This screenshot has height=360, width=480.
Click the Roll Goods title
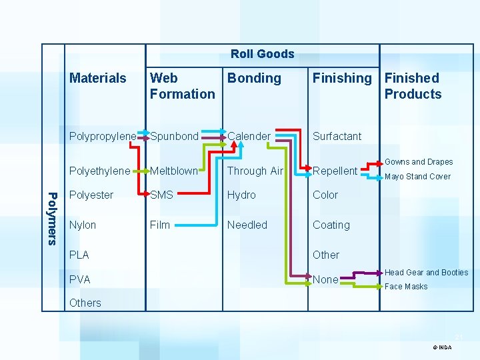tap(262, 54)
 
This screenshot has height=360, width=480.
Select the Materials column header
tap(98, 78)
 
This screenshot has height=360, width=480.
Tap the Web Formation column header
tap(182, 86)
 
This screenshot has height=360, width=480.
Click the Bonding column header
tap(254, 78)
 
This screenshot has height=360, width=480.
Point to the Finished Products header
tap(413, 86)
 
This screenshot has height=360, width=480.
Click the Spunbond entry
tap(174, 136)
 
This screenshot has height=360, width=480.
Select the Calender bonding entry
tap(249, 136)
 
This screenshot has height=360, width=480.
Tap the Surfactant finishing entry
tap(337, 136)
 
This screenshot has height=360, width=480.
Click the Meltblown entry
tap(174, 171)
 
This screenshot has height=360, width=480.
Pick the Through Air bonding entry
tap(255, 171)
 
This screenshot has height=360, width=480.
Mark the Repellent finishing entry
tap(335, 171)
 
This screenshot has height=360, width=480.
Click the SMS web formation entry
tap(162, 195)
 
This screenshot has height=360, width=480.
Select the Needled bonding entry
tap(247, 225)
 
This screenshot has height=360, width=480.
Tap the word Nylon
tap(83, 225)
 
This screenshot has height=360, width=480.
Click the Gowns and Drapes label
tap(419, 162)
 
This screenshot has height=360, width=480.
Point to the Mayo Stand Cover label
tap(418, 177)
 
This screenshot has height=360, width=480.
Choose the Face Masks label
tap(406, 287)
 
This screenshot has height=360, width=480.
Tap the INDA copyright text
tap(442, 347)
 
